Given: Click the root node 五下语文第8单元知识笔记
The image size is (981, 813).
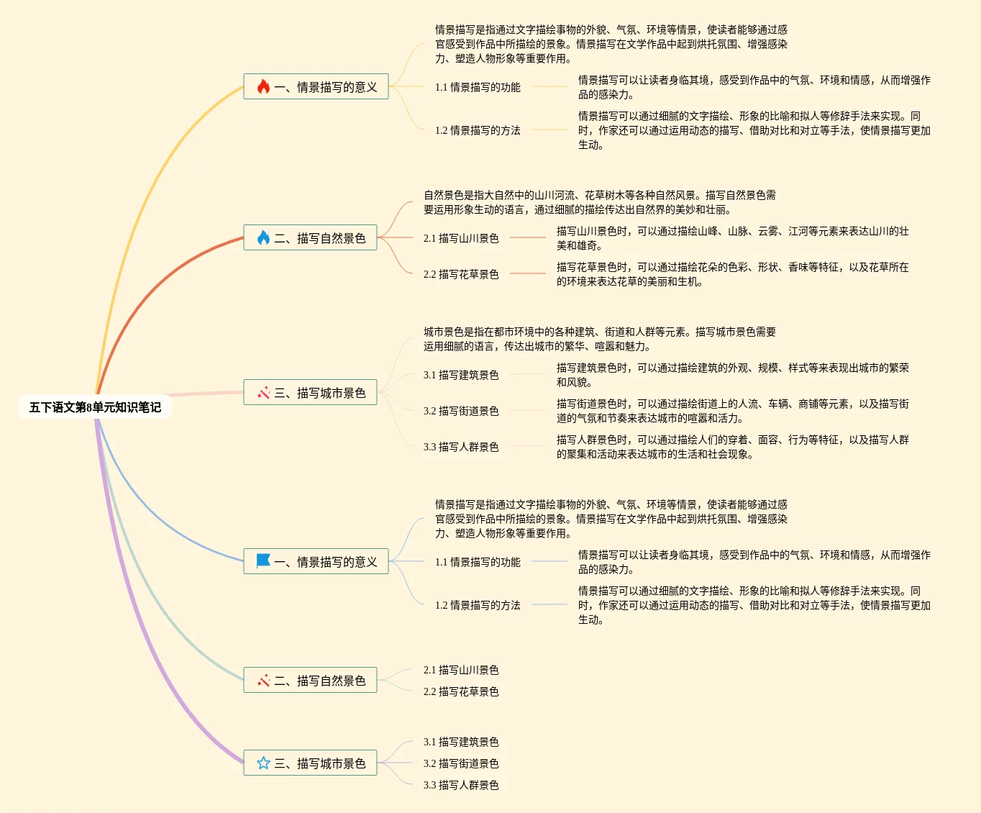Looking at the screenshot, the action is point(95,407).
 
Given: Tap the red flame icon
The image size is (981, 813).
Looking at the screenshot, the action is point(263,87).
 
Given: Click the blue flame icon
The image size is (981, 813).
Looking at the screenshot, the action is point(263,238).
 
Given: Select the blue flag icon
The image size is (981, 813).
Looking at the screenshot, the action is point(263,561).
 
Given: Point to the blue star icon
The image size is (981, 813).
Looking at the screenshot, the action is point(263,763).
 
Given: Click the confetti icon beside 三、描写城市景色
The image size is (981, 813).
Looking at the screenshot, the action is point(263,393).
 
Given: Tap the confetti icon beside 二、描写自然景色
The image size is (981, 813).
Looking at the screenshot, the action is point(263,681).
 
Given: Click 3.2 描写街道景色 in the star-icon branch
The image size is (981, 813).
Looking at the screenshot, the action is point(461,763).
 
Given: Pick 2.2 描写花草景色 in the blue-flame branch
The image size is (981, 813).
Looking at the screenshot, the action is point(461,274).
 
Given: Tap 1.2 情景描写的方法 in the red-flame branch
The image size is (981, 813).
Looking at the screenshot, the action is point(478,130).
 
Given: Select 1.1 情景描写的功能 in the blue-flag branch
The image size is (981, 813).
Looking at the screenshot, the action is point(478,562).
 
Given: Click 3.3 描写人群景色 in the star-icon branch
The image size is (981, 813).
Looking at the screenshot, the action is point(461,785).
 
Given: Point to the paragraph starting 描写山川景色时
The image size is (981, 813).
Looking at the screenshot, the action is point(732,238).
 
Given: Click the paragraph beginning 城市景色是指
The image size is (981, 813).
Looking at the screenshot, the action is point(599,339).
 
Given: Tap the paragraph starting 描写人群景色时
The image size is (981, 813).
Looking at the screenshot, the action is point(732,447).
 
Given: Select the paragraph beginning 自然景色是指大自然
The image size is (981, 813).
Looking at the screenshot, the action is point(599,202).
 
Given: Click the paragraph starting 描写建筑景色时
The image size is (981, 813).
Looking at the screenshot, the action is point(732,375).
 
